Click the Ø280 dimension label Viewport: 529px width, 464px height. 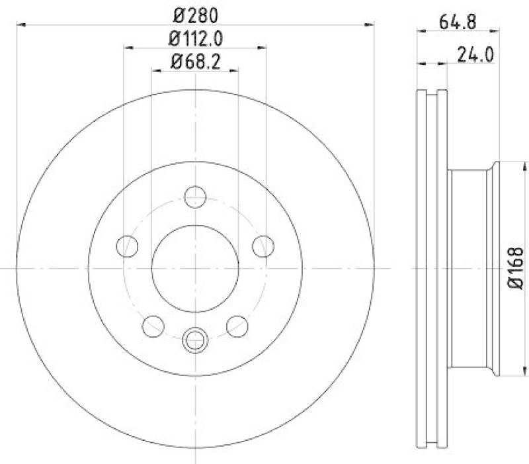(195, 13)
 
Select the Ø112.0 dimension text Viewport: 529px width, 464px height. (195, 38)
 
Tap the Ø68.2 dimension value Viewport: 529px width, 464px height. (195, 64)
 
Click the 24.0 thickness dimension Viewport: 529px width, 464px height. (476, 54)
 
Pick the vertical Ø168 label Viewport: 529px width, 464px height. (516, 268)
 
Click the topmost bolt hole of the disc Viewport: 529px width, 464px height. (195, 197)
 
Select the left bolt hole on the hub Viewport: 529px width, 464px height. (127, 246)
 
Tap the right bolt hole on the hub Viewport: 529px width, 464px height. (263, 246)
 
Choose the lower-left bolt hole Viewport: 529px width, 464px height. (153, 326)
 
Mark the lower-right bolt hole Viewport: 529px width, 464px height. (237, 326)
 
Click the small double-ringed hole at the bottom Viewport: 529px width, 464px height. (195, 340)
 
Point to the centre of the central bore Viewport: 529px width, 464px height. (195, 268)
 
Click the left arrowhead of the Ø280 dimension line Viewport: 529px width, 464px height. (20, 24)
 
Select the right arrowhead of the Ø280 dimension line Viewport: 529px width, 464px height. (370, 24)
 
